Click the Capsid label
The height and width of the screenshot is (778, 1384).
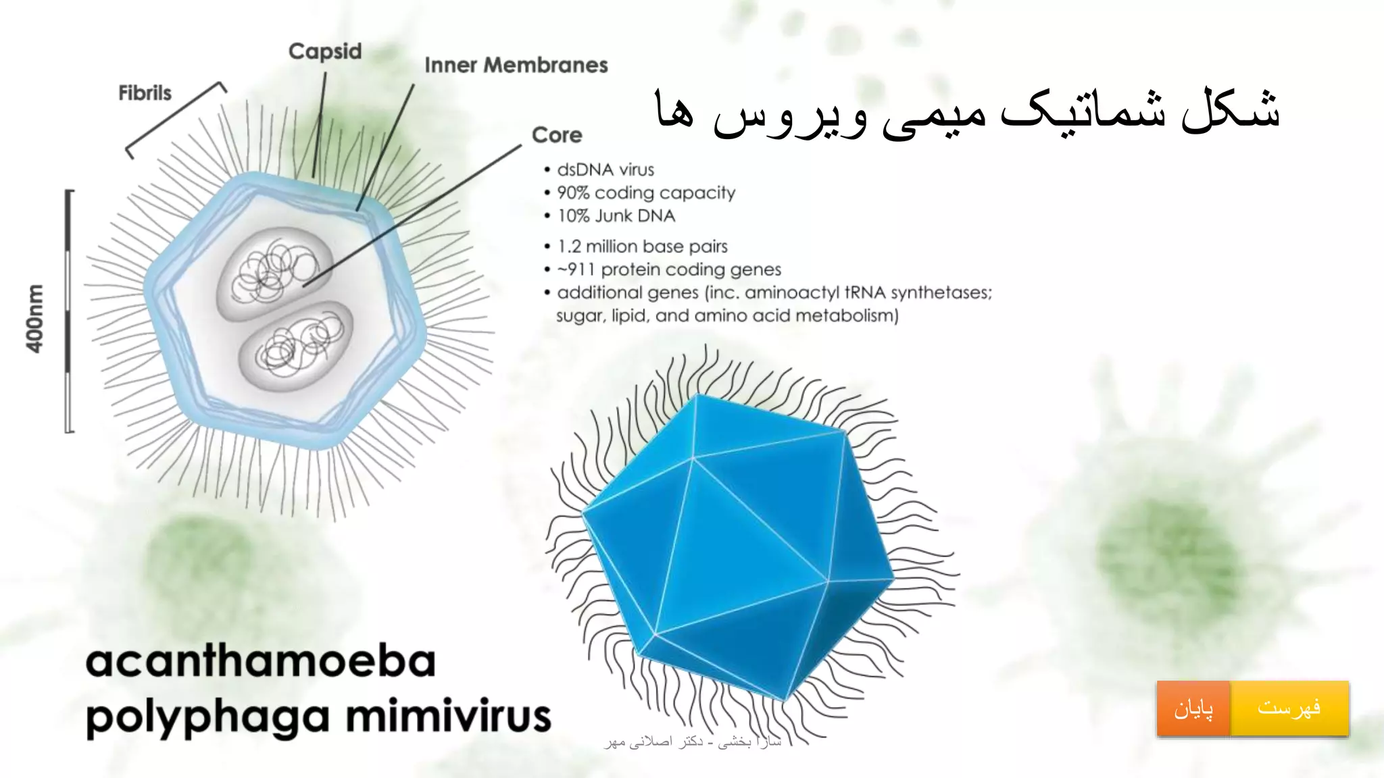(325, 51)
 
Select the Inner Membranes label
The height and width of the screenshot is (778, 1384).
(516, 65)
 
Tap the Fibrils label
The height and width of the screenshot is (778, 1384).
(145, 93)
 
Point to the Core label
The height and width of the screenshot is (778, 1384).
(556, 135)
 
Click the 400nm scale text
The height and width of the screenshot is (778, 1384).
(34, 317)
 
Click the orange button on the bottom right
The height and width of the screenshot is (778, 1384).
(1193, 708)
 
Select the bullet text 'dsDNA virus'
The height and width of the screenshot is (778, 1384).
(605, 170)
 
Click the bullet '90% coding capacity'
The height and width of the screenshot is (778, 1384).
(645, 192)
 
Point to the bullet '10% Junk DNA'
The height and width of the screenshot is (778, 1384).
(616, 216)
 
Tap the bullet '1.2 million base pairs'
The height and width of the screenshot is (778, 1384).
(642, 247)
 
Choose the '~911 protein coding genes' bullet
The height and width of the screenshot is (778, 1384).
(668, 269)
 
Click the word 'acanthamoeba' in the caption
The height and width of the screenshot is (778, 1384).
(261, 661)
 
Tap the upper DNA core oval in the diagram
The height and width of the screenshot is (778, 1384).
(274, 274)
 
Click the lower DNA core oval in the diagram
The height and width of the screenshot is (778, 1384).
(296, 346)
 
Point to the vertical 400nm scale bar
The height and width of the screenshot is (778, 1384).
(68, 311)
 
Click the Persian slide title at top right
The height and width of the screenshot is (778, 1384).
(966, 111)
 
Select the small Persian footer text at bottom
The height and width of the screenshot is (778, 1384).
(692, 742)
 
